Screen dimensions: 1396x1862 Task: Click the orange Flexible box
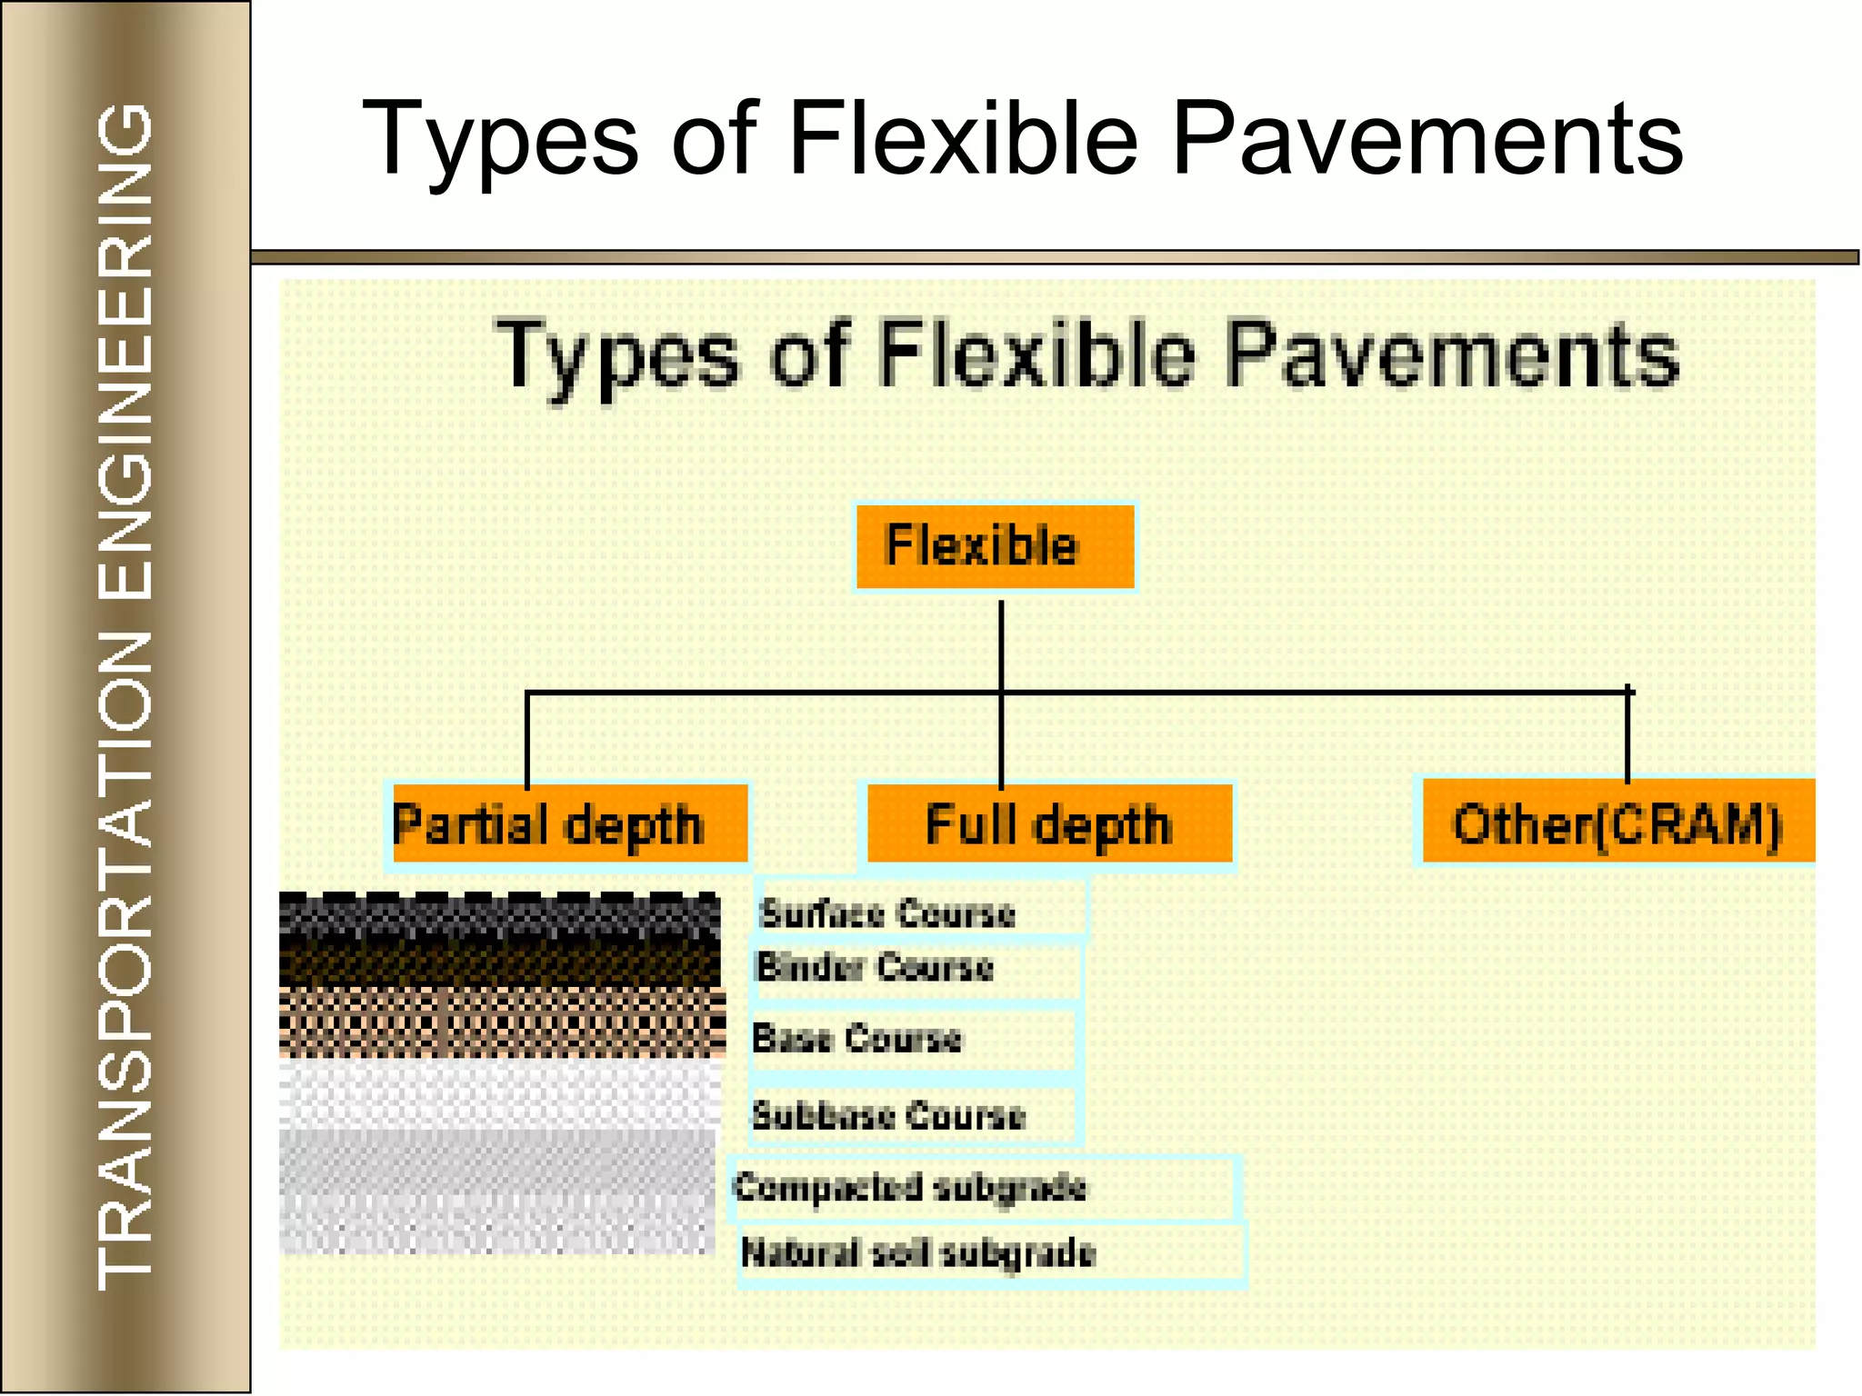click(995, 546)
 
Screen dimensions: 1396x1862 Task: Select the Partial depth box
click(568, 824)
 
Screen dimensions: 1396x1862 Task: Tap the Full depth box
click(1049, 824)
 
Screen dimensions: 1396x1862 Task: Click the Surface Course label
click(887, 912)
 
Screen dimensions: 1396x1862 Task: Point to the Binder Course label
click(875, 967)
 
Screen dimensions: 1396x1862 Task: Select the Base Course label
click(857, 1038)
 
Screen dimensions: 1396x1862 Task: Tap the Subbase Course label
click(889, 1114)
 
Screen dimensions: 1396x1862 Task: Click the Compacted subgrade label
click(910, 1187)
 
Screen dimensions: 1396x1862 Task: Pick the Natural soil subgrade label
click(918, 1253)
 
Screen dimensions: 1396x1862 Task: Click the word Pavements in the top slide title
click(1427, 139)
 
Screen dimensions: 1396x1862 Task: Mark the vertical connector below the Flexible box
click(1001, 645)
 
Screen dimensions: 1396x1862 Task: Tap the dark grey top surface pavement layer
click(499, 914)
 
